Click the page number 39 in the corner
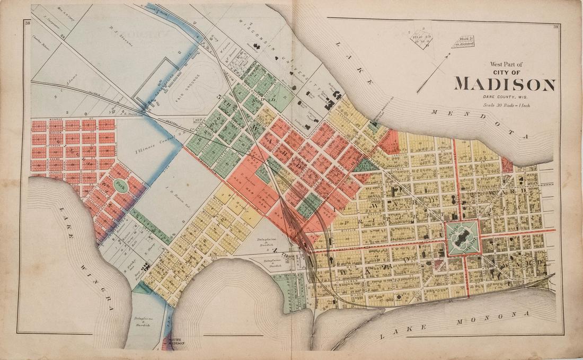(556, 27)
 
